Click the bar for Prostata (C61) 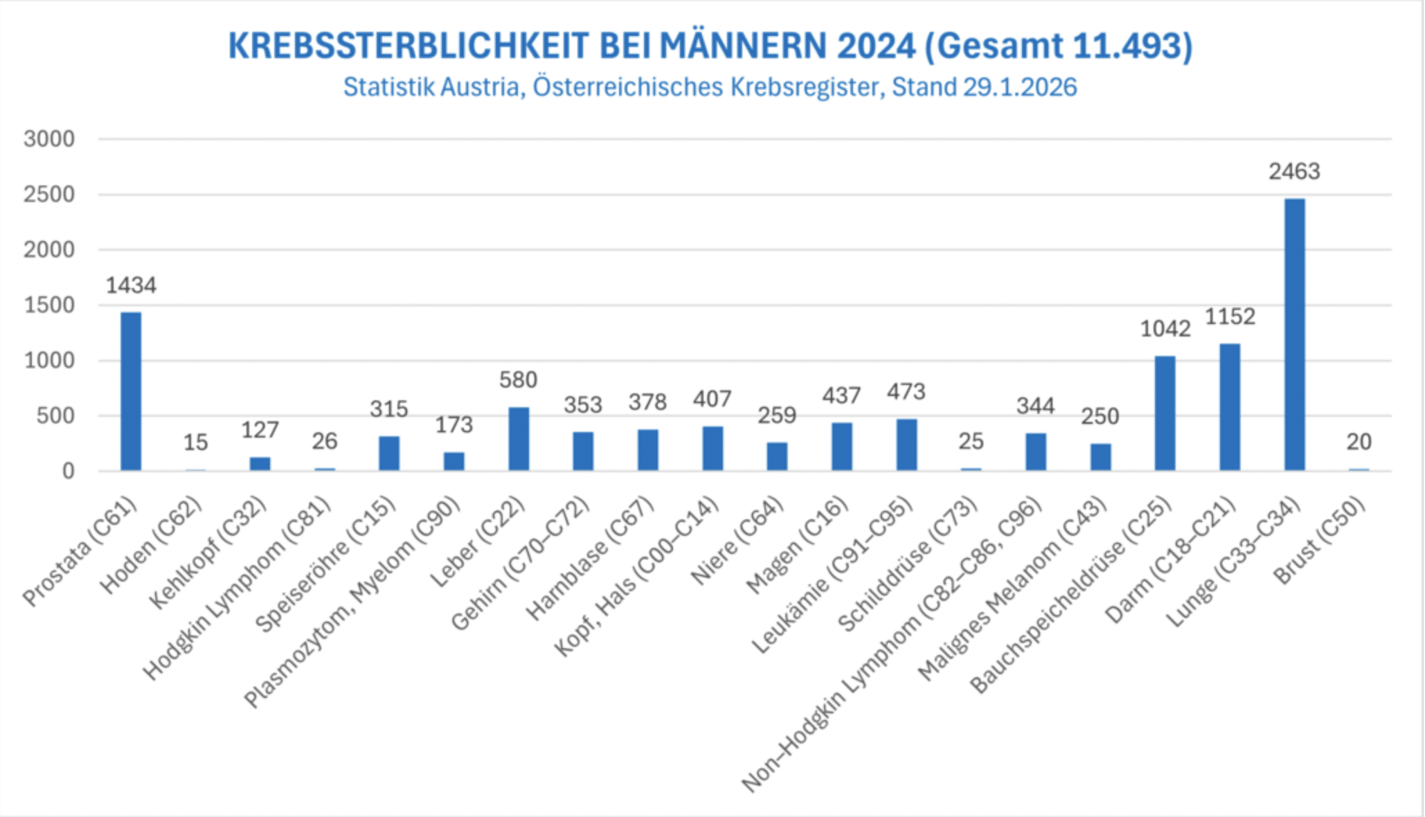pyautogui.click(x=131, y=391)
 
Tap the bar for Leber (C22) pyautogui.click(x=519, y=439)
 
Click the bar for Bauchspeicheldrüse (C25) pyautogui.click(x=1165, y=413)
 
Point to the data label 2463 pyautogui.click(x=1294, y=171)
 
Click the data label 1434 pyautogui.click(x=131, y=285)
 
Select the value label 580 pyautogui.click(x=518, y=379)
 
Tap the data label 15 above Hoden pyautogui.click(x=195, y=442)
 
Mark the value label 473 pyautogui.click(x=906, y=392)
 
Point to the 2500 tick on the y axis pyautogui.click(x=49, y=195)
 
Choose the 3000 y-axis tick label pyautogui.click(x=49, y=139)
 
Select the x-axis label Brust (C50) pyautogui.click(x=1320, y=541)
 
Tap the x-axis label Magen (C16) pyautogui.click(x=798, y=545)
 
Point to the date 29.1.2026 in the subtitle pyautogui.click(x=1019, y=87)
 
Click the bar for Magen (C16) pyautogui.click(x=841, y=447)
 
